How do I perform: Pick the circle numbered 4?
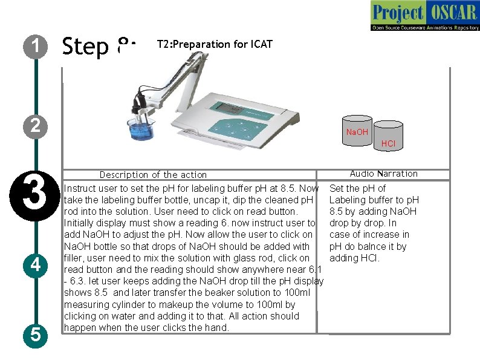tap(36, 265)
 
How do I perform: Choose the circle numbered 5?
tap(36, 333)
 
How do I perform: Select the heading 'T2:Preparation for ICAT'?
tap(215, 44)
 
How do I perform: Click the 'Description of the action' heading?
tap(153, 175)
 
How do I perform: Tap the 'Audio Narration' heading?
tap(383, 174)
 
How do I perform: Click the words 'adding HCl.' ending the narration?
tap(354, 258)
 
